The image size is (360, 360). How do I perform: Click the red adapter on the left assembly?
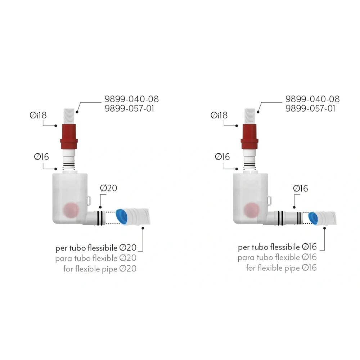(69, 136)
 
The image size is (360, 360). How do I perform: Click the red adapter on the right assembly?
(249, 136)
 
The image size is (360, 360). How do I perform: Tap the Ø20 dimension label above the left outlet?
(109, 188)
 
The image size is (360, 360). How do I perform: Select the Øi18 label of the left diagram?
(38, 115)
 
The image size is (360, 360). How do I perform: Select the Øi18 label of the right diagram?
(219, 115)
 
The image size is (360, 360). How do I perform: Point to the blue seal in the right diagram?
(314, 218)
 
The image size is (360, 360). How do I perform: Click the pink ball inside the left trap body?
(71, 210)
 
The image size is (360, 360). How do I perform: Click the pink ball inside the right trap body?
(252, 210)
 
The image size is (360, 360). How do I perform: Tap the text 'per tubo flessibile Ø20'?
(96, 248)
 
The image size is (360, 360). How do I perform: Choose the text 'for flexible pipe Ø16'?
(282, 268)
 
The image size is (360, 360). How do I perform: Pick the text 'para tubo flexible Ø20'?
(96, 258)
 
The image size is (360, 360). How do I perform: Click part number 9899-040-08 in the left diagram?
(131, 99)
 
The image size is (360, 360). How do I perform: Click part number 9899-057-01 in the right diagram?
(310, 108)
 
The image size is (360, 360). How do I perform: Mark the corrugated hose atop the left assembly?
(69, 117)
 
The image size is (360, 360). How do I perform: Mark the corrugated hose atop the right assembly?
(250, 117)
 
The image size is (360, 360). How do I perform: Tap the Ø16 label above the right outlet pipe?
(301, 189)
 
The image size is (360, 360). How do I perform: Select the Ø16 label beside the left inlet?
(41, 157)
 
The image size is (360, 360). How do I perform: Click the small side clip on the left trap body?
(89, 201)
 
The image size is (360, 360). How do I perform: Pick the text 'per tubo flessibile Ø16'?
(277, 247)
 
